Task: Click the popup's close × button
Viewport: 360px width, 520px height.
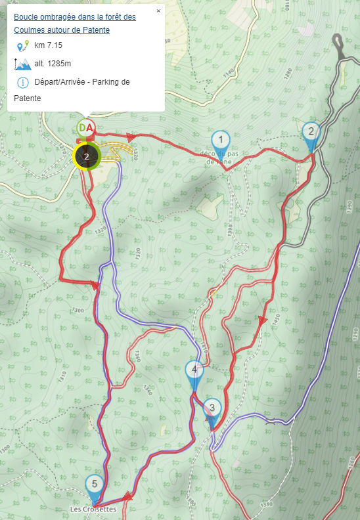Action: click(x=158, y=11)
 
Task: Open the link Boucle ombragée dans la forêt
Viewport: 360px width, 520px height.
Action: click(x=74, y=17)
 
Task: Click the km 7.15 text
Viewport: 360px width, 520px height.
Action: click(x=48, y=45)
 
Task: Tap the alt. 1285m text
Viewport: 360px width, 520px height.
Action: click(x=53, y=64)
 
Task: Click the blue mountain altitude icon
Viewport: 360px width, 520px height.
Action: click(x=22, y=64)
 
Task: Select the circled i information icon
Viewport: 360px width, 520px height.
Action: click(x=23, y=82)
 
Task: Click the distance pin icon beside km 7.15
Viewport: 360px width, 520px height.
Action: click(x=23, y=45)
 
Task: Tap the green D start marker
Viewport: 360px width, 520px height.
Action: click(x=83, y=127)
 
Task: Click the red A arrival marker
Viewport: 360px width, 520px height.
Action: click(x=91, y=127)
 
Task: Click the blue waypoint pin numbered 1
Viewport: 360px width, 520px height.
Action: click(x=221, y=140)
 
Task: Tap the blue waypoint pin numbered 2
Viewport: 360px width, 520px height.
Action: click(x=311, y=131)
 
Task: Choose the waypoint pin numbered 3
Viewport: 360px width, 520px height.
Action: click(x=212, y=408)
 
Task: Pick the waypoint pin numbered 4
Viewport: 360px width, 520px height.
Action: click(x=194, y=370)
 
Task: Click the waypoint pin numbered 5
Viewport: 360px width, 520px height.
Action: click(x=95, y=485)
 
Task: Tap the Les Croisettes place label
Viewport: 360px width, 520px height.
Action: click(x=93, y=509)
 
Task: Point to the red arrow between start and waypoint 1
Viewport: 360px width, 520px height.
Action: click(x=131, y=137)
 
